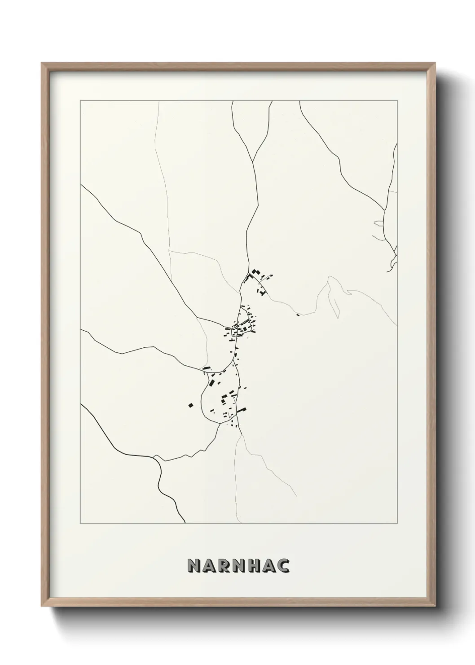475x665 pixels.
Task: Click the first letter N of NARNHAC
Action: (193, 566)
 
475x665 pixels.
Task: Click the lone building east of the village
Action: (298, 315)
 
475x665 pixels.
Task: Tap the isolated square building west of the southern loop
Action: (190, 405)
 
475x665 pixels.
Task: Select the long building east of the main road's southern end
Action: (242, 410)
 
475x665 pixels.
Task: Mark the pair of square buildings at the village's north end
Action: (255, 272)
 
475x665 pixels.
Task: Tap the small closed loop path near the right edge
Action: (378, 223)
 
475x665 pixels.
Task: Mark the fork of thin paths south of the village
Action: (242, 435)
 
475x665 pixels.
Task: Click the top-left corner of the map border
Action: (80, 101)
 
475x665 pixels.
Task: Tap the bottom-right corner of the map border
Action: (397, 523)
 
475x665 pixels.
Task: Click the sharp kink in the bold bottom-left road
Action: (155, 457)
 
